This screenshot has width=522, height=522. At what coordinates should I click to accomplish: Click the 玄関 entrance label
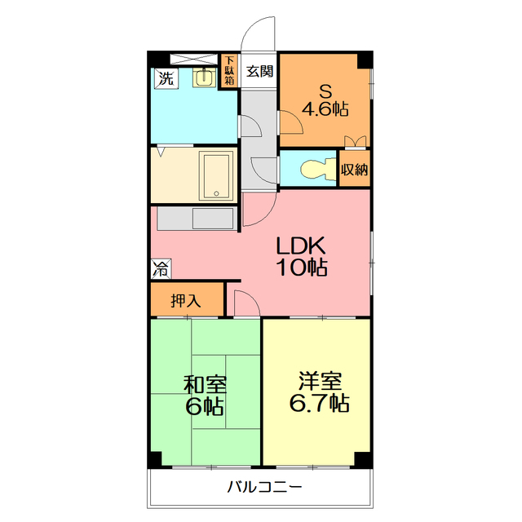pyautogui.click(x=259, y=71)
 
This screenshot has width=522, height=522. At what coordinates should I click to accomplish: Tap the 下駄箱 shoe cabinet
pyautogui.click(x=229, y=71)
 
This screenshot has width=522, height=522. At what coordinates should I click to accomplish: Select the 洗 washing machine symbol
pyautogui.click(x=166, y=78)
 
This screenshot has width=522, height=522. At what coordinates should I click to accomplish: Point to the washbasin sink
pyautogui.click(x=203, y=78)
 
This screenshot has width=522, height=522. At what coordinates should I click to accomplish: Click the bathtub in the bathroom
pyautogui.click(x=216, y=175)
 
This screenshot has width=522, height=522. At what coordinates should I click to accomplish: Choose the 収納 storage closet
pyautogui.click(x=355, y=169)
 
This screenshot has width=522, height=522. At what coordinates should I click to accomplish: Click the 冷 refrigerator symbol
pyautogui.click(x=161, y=268)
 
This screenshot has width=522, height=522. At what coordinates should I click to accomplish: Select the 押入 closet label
pyautogui.click(x=186, y=301)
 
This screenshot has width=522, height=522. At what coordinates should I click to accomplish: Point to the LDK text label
pyautogui.click(x=301, y=246)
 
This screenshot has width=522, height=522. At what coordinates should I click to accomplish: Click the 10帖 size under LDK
pyautogui.click(x=302, y=267)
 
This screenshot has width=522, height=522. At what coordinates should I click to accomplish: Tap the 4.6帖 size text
pyautogui.click(x=325, y=108)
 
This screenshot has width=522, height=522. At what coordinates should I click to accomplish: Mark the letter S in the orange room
pyautogui.click(x=325, y=91)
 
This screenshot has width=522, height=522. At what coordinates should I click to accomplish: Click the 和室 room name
pyautogui.click(x=205, y=385)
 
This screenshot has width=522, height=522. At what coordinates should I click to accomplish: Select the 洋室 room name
pyautogui.click(x=320, y=381)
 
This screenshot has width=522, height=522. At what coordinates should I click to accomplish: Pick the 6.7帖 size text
pyautogui.click(x=319, y=403)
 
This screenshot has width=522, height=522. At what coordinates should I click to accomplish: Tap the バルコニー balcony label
pyautogui.click(x=264, y=487)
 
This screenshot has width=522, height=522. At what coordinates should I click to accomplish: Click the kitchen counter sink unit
pyautogui.click(x=196, y=219)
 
